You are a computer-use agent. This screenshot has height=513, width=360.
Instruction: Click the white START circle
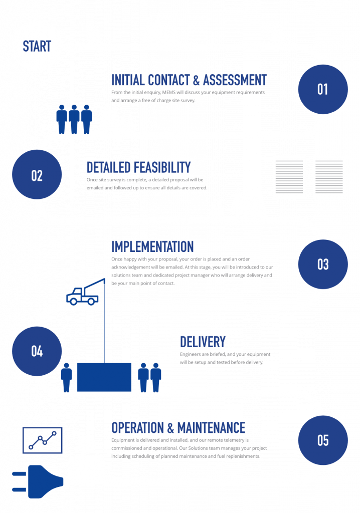click(x=37, y=47)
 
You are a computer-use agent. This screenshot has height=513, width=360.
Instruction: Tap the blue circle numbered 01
click(x=322, y=89)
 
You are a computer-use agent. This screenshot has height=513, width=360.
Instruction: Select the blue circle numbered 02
click(x=37, y=175)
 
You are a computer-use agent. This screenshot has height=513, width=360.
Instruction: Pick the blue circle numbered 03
click(x=322, y=264)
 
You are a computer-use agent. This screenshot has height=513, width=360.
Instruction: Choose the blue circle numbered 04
click(x=37, y=351)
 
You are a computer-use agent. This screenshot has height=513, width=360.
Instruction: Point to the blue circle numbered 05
click(x=322, y=440)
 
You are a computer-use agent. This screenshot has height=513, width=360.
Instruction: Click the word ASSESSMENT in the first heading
click(x=235, y=80)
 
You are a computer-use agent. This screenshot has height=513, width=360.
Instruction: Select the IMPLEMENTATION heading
click(x=152, y=246)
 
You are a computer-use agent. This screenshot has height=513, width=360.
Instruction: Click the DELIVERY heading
click(x=203, y=342)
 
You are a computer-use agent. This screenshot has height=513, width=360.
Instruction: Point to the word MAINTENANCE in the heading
click(x=211, y=428)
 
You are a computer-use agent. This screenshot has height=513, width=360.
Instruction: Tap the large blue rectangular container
click(x=104, y=376)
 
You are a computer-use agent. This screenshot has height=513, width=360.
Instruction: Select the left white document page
click(x=289, y=176)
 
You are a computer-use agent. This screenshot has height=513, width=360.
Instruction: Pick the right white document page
click(x=329, y=176)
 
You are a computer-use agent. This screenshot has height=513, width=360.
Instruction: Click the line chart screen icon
click(x=42, y=440)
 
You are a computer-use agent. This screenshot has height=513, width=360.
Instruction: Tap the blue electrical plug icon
click(x=40, y=481)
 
